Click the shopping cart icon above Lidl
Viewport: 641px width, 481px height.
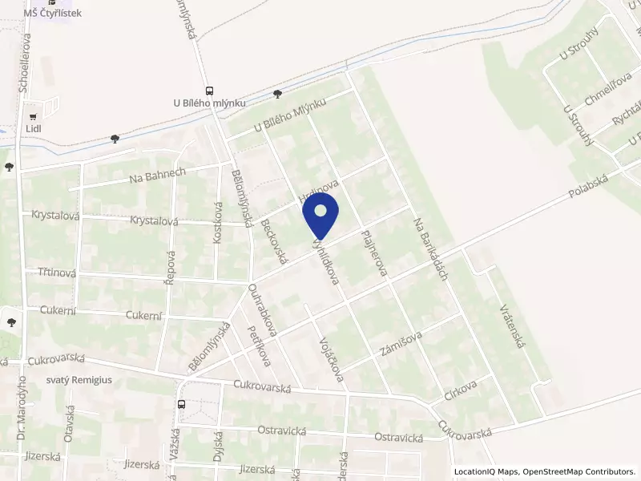[x=33, y=115]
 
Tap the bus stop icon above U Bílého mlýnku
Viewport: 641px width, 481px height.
[x=209, y=91]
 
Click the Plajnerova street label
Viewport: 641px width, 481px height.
[x=374, y=254]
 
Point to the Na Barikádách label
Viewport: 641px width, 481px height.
[x=429, y=249]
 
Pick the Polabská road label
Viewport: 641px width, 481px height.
[x=588, y=187]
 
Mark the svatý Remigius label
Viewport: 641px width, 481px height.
[x=79, y=380]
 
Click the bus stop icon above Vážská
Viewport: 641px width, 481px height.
[x=181, y=404]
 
